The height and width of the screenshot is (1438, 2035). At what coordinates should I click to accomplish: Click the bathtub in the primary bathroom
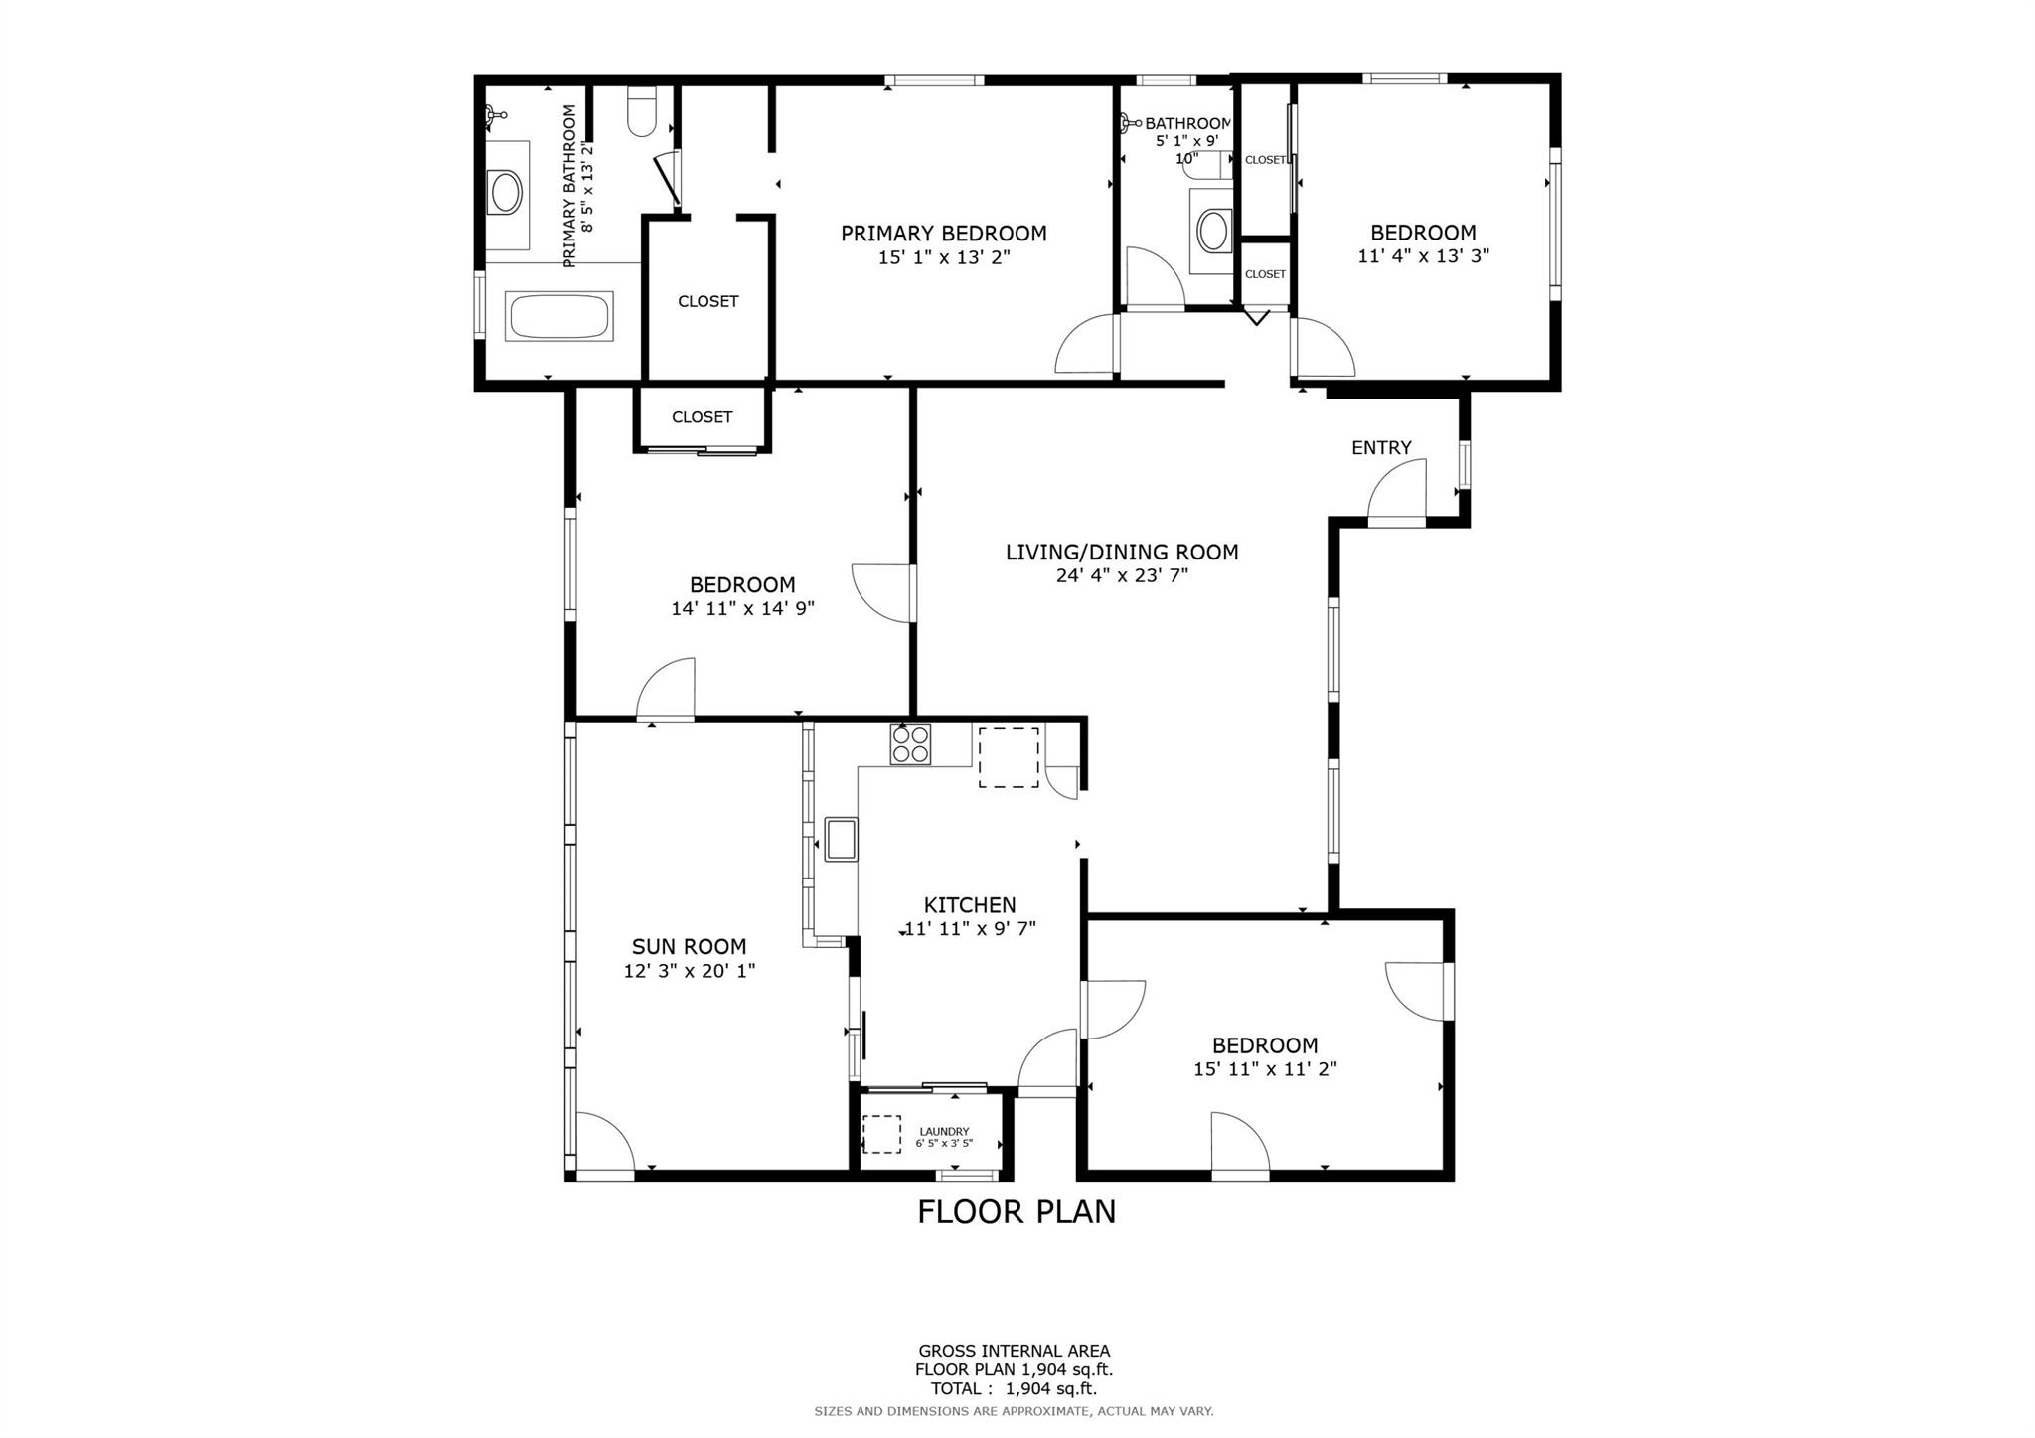click(x=558, y=316)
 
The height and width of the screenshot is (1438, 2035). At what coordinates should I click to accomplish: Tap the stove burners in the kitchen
click(x=911, y=744)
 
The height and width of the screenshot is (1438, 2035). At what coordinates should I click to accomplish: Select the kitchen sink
click(x=841, y=838)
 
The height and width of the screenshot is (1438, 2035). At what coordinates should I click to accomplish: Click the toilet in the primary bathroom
click(x=643, y=111)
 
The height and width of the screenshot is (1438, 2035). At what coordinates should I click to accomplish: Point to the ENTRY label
click(x=1381, y=448)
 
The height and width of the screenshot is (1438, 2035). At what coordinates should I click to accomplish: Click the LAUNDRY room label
click(x=944, y=1131)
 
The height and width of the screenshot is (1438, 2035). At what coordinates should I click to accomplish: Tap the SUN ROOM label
click(x=690, y=947)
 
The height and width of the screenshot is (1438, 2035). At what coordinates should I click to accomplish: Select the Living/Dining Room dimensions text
click(x=1122, y=575)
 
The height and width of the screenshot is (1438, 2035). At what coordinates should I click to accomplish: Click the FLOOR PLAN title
click(x=1017, y=1212)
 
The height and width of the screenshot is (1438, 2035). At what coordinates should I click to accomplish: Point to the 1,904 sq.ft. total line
click(x=1014, y=1389)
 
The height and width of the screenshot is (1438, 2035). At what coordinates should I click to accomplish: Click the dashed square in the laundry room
click(x=881, y=1134)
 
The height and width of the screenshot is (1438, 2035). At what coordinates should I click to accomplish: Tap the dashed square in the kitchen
click(x=1009, y=757)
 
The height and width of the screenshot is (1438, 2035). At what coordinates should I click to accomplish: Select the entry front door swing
click(x=1395, y=489)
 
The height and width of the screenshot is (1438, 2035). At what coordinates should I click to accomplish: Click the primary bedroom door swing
click(x=1086, y=344)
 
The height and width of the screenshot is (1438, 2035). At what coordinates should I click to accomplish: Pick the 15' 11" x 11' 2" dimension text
click(x=1265, y=1069)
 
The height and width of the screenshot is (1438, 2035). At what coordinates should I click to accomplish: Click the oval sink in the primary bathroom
click(x=505, y=193)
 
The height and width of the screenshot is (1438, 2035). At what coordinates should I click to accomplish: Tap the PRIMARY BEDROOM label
click(x=944, y=234)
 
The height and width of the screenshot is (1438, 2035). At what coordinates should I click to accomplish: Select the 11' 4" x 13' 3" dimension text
click(x=1423, y=256)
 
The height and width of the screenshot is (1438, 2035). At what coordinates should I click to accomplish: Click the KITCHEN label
click(x=970, y=905)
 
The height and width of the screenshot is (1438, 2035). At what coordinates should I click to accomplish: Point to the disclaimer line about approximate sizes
click(x=1014, y=1411)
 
